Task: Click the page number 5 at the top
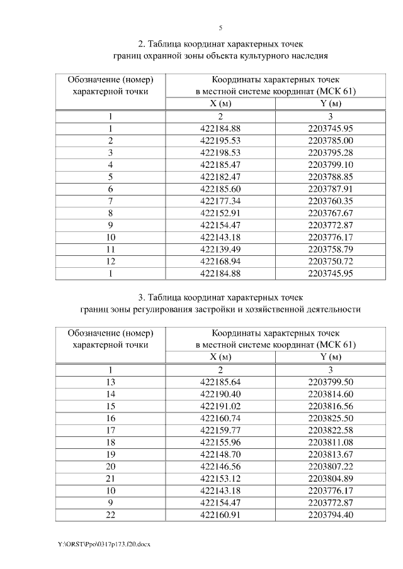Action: [x=220, y=28]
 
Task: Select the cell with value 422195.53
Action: [x=220, y=140]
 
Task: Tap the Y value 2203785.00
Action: [x=331, y=140]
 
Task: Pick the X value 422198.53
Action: [x=220, y=152]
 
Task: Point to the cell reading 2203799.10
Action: [x=331, y=165]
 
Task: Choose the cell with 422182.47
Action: [x=220, y=177]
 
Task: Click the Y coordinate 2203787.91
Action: [x=331, y=189]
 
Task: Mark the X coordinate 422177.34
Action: [x=220, y=201]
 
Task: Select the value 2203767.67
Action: [x=331, y=213]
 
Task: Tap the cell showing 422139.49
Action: [x=220, y=249]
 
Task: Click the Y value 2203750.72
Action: [x=331, y=261]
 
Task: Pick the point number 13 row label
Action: [x=110, y=382]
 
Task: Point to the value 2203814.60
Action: [x=331, y=394]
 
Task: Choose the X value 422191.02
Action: [x=220, y=406]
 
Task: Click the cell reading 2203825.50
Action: [x=331, y=418]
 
